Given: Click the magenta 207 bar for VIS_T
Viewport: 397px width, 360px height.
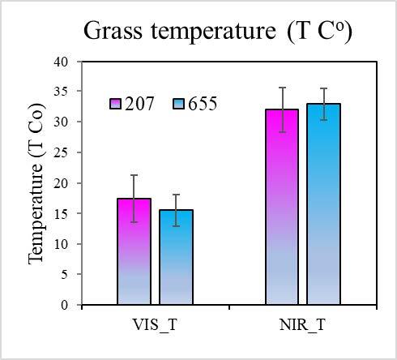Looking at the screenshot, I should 134,251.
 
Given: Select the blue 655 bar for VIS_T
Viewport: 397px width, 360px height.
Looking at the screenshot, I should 176,257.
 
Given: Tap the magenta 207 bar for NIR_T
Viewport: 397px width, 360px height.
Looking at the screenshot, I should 281,207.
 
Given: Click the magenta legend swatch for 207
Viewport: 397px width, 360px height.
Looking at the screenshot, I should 116,104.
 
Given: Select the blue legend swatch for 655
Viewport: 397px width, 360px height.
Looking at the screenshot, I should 179,104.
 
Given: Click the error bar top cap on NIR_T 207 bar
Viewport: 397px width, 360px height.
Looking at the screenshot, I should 281,88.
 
